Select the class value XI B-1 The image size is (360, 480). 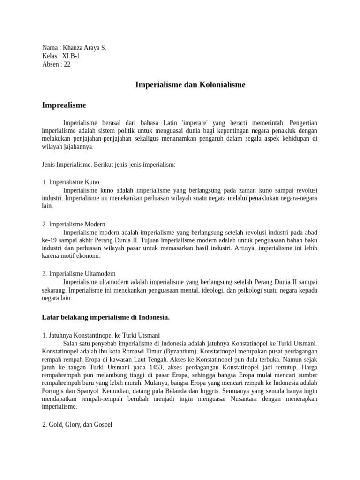[x=71, y=56]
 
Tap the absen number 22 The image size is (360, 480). [x=67, y=65]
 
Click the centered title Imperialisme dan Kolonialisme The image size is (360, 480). [x=190, y=85]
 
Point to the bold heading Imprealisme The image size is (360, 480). [x=64, y=105]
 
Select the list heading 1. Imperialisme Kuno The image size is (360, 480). [x=71, y=182]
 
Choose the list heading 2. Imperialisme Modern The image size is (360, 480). [x=74, y=225]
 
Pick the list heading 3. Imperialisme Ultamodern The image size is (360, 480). [x=79, y=273]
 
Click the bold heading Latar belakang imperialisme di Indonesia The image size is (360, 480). [x=105, y=317]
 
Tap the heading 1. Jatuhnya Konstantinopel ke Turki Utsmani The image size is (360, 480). [x=101, y=335]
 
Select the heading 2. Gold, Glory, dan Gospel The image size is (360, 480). [x=77, y=425]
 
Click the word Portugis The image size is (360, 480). [x=54, y=383]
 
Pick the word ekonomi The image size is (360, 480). [x=88, y=256]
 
